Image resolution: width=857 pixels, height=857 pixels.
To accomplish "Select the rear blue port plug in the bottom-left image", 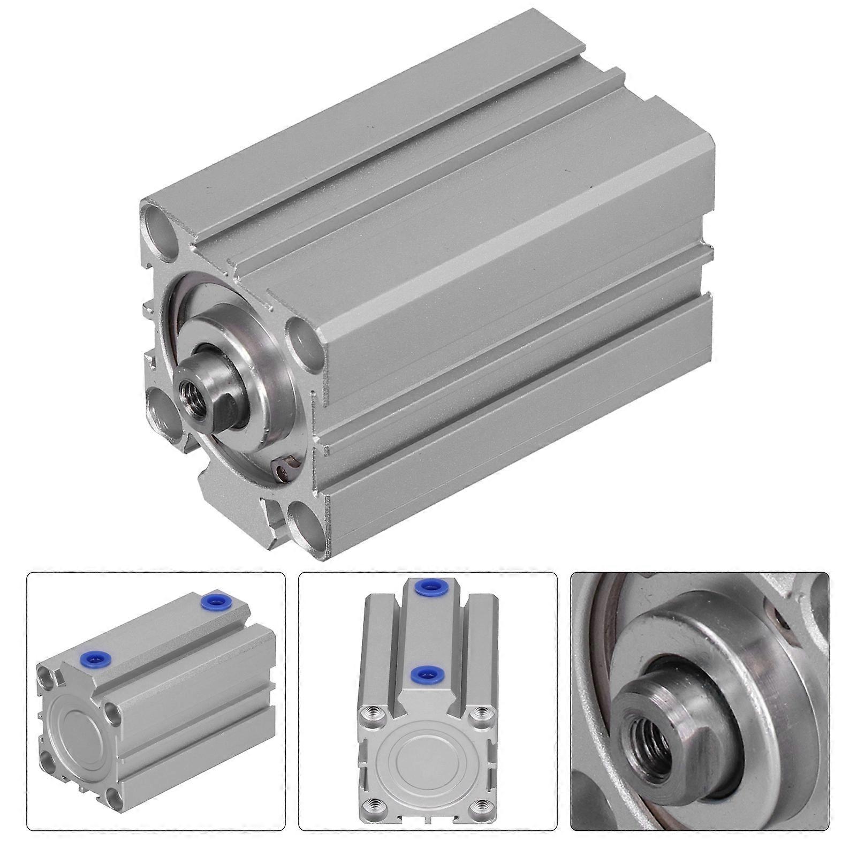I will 211,602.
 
